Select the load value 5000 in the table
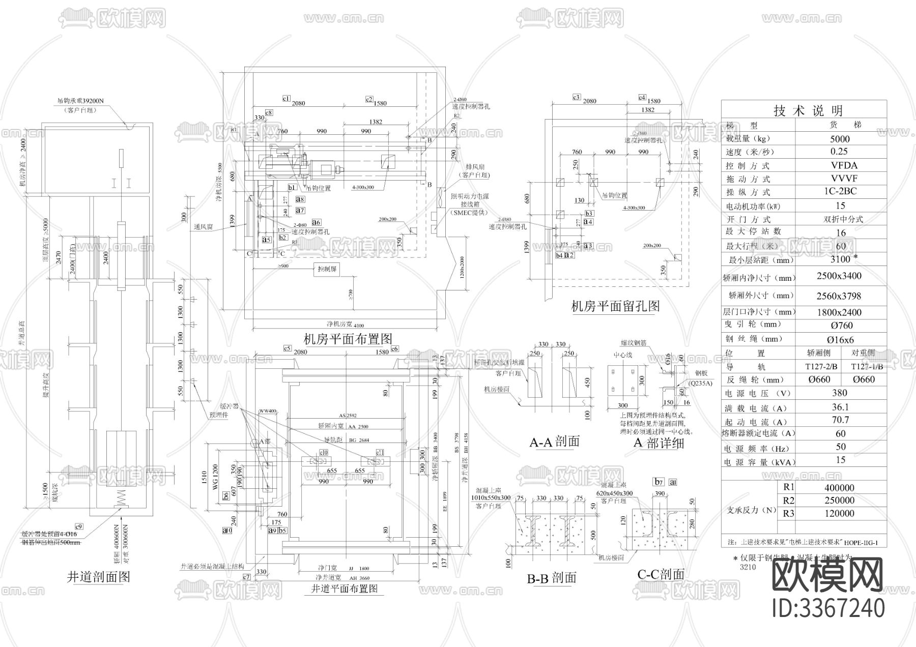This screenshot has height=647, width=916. [840, 139]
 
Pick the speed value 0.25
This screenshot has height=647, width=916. [839, 152]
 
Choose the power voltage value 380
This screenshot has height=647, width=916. [839, 393]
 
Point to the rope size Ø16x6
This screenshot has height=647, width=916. [840, 340]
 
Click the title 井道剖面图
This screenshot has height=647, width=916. [99, 576]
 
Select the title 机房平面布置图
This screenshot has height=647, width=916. [348, 339]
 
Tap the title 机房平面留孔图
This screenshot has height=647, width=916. [615, 306]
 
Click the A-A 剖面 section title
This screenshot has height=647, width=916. [554, 442]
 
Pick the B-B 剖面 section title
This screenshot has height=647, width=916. [551, 578]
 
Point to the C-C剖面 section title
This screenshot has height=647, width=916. [661, 574]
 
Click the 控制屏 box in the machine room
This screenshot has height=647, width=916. [327, 269]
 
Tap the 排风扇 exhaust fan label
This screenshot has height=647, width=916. [475, 167]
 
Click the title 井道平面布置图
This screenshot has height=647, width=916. [344, 589]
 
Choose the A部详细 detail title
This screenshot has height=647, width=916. [659, 443]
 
